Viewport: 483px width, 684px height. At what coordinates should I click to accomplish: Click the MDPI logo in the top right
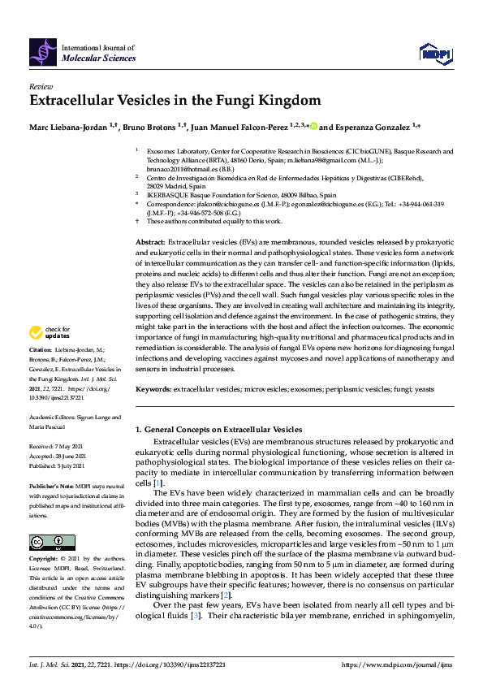click(x=434, y=54)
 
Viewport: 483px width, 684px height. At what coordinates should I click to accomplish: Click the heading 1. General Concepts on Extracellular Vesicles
click(x=218, y=429)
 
